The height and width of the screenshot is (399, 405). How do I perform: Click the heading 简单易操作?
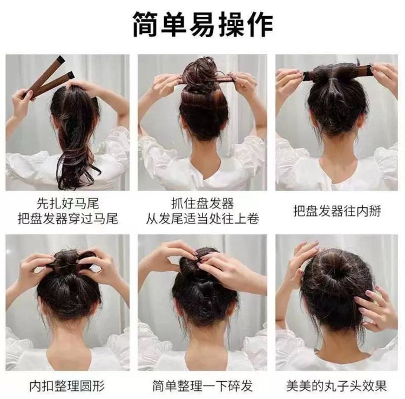pyautogui.click(x=202, y=24)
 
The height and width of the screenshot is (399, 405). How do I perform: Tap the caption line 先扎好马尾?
pyautogui.click(x=67, y=204)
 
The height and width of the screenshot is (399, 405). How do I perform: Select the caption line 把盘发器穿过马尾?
pyautogui.click(x=67, y=219)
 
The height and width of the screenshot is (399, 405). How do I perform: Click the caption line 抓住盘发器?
pyautogui.click(x=202, y=204)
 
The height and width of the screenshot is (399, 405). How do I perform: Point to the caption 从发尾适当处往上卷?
pyautogui.click(x=202, y=219)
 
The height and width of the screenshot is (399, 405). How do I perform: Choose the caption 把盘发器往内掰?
pyautogui.click(x=337, y=211)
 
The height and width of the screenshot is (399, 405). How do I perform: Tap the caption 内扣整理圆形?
pyautogui.click(x=67, y=386)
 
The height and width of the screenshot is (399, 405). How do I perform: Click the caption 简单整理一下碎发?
pyautogui.click(x=202, y=386)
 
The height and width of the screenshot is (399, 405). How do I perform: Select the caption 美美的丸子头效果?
pyautogui.click(x=336, y=386)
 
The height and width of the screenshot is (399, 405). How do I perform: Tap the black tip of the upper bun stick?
pyautogui.click(x=61, y=59)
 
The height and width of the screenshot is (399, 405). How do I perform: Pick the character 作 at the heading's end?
pyautogui.click(x=260, y=24)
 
